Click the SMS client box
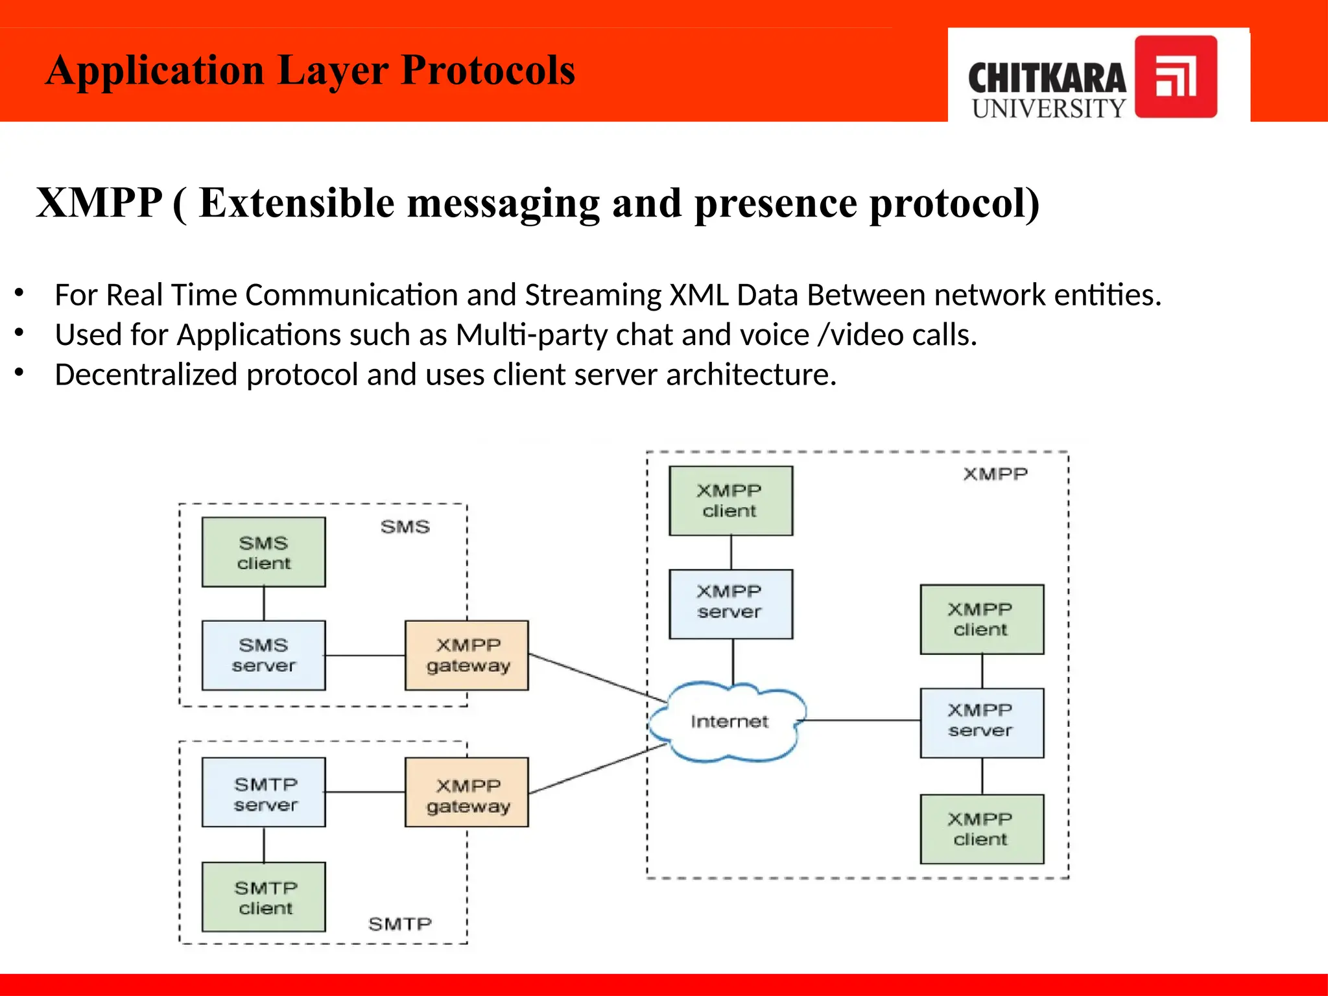click(x=263, y=552)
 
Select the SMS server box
click(x=263, y=655)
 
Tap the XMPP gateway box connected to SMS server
click(x=466, y=655)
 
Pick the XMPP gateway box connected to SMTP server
click(x=466, y=792)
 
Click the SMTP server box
click(x=263, y=792)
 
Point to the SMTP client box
click(x=263, y=897)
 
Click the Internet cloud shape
click(x=729, y=721)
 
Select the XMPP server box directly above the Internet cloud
click(x=731, y=604)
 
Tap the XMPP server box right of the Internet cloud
click(x=982, y=722)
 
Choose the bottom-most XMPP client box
click(x=982, y=829)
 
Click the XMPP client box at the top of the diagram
click(x=731, y=501)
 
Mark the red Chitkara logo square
click(x=1176, y=77)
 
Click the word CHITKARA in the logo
click(x=1047, y=78)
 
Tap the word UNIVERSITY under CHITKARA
click(x=1049, y=108)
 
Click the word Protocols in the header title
click(x=488, y=70)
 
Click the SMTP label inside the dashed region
click(x=399, y=924)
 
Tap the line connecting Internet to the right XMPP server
click(x=862, y=720)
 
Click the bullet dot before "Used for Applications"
click(x=19, y=333)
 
